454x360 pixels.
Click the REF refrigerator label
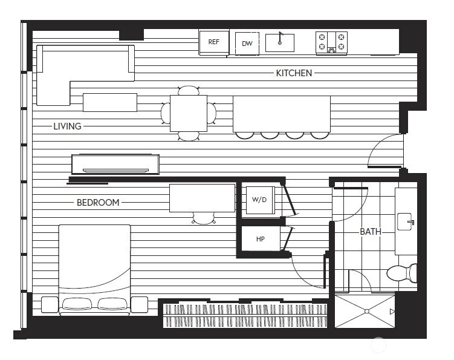pos(213,42)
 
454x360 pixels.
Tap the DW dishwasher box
pos(247,44)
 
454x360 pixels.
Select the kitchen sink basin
pos(280,43)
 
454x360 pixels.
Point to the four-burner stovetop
pos(331,43)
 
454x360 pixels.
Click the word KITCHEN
pos(294,73)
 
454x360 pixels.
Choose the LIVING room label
pos(67,126)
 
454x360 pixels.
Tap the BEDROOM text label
pos(98,202)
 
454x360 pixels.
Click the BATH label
pos(371,232)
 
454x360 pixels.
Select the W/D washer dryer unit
pos(259,200)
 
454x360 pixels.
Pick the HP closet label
pos(261,239)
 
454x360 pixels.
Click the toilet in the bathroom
pos(402,273)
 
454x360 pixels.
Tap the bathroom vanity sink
pos(405,221)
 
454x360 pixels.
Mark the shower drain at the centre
pos(367,312)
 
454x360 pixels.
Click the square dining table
pos(189,113)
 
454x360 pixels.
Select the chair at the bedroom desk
pos(204,218)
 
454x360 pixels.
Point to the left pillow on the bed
pos(77,304)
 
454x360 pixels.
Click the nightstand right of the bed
pos(140,304)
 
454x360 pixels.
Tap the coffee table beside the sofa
pos(110,102)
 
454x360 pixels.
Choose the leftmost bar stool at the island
pos(245,136)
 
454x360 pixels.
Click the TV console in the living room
pos(115,165)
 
